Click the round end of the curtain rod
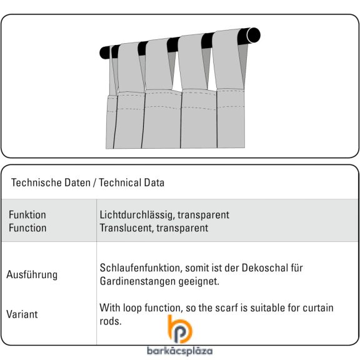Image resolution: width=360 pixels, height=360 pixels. tap(254, 35)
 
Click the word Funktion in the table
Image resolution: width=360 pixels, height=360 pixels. tap(27, 215)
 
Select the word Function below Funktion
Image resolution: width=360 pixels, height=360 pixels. tap(27, 228)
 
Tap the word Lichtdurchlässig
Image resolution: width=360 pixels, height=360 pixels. tap(136, 215)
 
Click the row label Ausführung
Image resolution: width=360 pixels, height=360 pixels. tap(32, 274)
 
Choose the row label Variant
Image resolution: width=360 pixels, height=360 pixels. tap(22, 314)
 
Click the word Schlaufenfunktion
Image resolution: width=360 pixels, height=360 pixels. tap(141, 268)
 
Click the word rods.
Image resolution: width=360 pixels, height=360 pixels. tap(111, 321)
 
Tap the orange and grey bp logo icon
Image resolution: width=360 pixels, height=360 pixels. tap(180, 329)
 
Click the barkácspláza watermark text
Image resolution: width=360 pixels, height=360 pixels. tap(180, 351)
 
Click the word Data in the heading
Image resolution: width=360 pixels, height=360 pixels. tap(154, 182)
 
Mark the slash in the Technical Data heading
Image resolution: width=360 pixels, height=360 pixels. tap(94, 183)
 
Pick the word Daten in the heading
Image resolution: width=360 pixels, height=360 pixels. tap(77, 182)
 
